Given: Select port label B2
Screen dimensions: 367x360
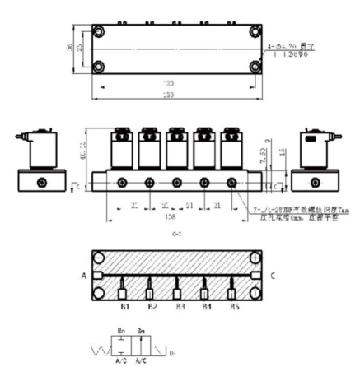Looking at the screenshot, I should [150, 313].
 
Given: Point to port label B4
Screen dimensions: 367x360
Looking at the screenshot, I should [204, 313].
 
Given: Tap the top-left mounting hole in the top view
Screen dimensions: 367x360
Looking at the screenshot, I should [98, 32].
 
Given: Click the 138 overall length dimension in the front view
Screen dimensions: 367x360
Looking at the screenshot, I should [149, 220].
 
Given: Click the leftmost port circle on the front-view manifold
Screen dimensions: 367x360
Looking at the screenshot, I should [122, 182].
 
